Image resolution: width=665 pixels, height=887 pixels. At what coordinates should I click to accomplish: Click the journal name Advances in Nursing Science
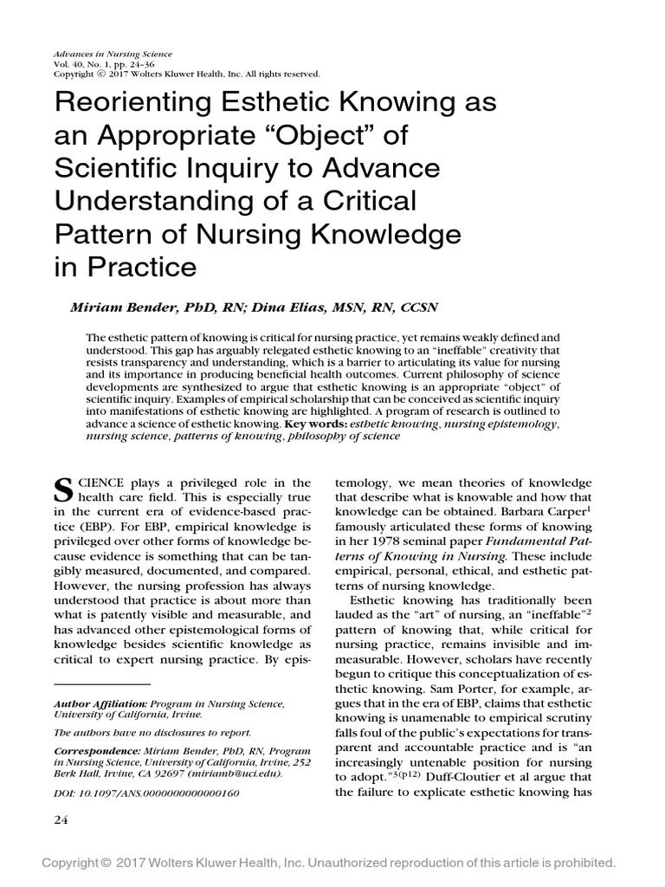[x=112, y=54]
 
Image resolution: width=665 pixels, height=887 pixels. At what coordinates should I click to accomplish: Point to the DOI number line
[x=146, y=793]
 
